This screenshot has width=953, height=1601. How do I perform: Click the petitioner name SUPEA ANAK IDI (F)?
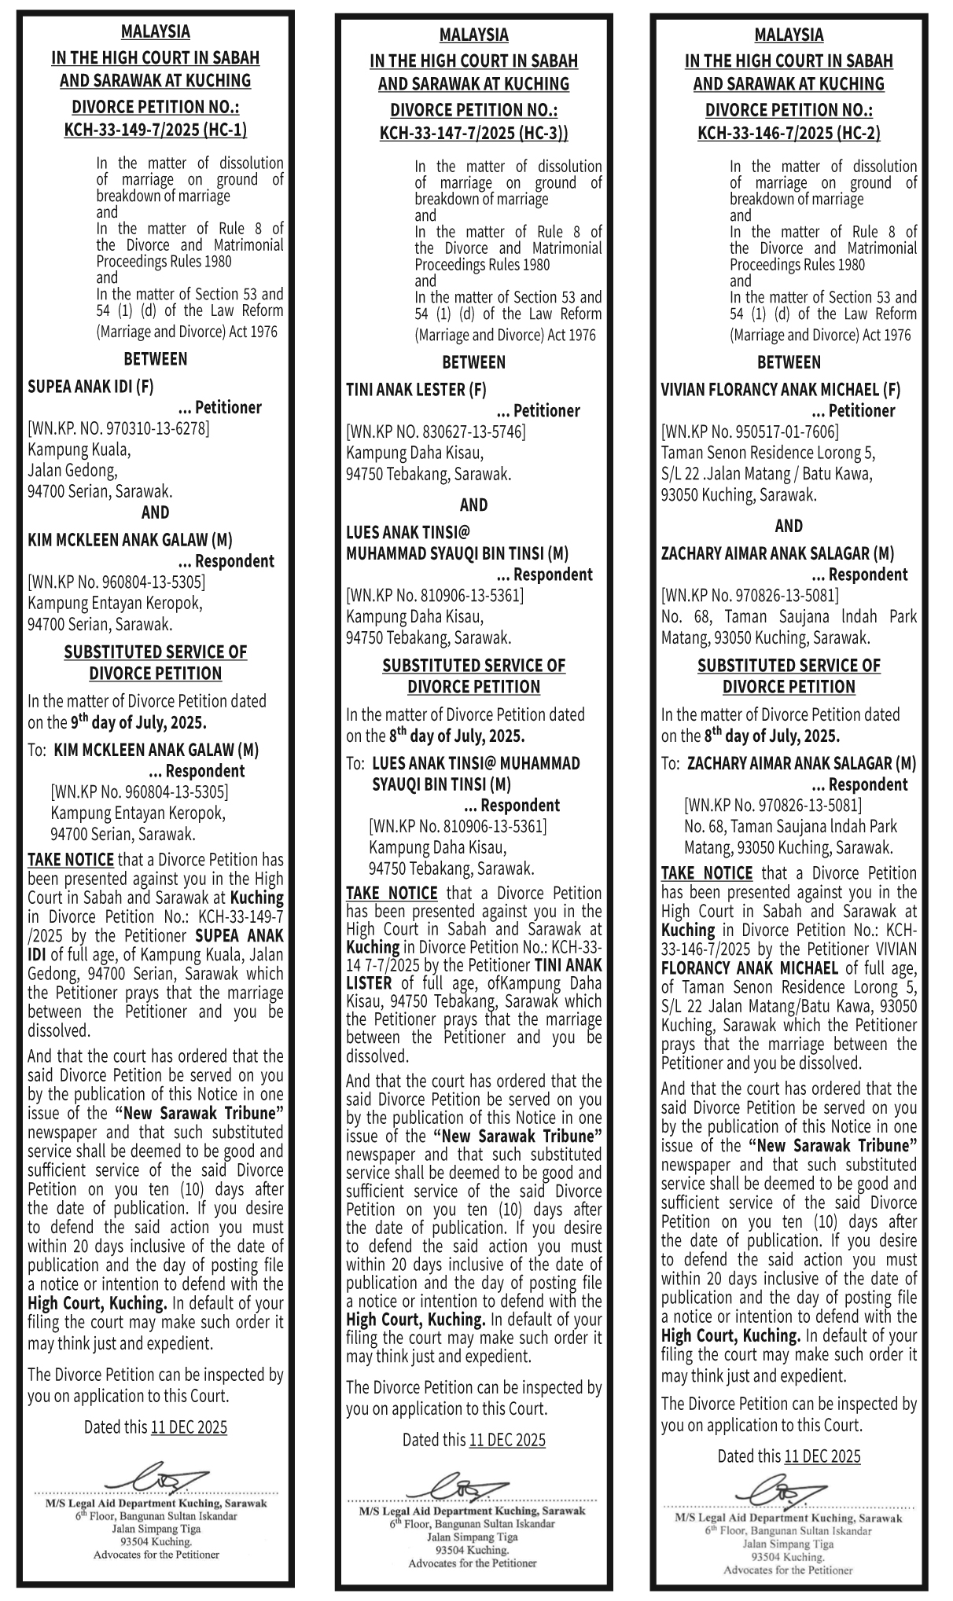(91, 387)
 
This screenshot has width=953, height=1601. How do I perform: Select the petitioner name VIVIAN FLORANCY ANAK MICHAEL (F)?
(781, 390)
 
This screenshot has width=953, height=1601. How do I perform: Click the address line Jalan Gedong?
(72, 471)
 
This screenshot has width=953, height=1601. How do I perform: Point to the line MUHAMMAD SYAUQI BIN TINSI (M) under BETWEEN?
(458, 554)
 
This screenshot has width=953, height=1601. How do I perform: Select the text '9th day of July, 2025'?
(138, 722)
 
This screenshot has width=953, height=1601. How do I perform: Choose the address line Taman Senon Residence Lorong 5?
(768, 453)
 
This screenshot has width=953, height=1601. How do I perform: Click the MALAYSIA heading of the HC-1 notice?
(155, 32)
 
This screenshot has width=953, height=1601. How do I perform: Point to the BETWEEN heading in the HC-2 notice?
(789, 362)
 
